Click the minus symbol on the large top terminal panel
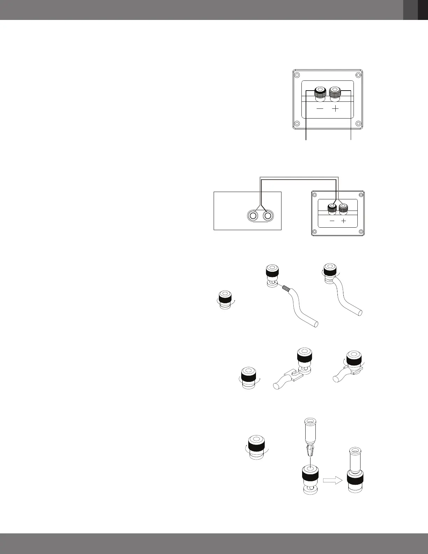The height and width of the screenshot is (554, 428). [320, 109]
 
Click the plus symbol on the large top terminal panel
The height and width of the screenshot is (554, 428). [335, 109]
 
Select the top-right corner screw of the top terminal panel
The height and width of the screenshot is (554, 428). [357, 76]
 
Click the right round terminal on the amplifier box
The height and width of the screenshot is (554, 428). [268, 216]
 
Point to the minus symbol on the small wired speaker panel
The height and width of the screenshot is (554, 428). [332, 221]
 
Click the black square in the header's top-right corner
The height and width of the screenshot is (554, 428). [423, 10]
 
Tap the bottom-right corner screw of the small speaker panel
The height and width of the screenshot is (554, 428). [360, 231]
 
